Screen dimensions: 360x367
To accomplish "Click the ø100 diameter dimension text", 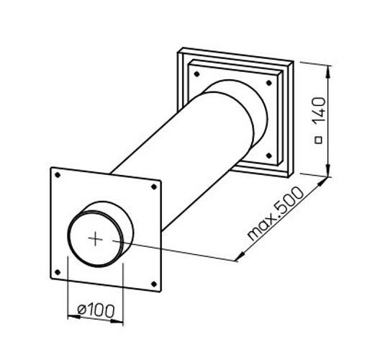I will (x=95, y=311).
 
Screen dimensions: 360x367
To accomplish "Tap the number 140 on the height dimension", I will (x=320, y=111).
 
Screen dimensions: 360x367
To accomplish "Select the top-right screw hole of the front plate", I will (x=153, y=187).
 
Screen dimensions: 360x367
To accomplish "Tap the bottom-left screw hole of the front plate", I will (x=55, y=273).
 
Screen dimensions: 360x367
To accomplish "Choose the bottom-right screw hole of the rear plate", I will (x=269, y=156).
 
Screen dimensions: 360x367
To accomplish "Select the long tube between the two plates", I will (x=180, y=158).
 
